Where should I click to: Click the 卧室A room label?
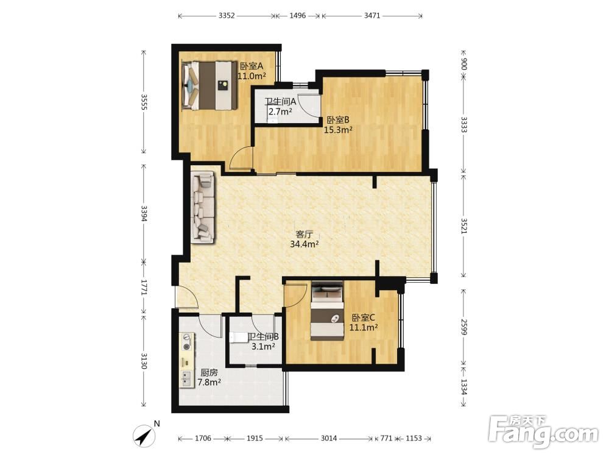pyautogui.click(x=252, y=66)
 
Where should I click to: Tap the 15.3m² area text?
pyautogui.click(x=338, y=130)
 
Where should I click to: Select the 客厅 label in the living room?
pyautogui.click(x=304, y=235)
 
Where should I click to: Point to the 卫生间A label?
pyautogui.click(x=280, y=102)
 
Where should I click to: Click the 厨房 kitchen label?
pyautogui.click(x=209, y=373)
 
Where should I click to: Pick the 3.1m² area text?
pyautogui.click(x=263, y=346)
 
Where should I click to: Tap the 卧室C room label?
pyautogui.click(x=363, y=317)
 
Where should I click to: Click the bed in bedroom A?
pyautogui.click(x=209, y=85)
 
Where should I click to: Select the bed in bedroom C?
pyautogui.click(x=327, y=311)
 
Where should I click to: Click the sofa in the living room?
pyautogui.click(x=203, y=208)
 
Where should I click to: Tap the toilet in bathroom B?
pyautogui.click(x=238, y=337)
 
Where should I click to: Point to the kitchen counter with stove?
pyautogui.click(x=187, y=360)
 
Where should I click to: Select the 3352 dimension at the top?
pyautogui.click(x=227, y=16)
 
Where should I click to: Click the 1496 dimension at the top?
pyautogui.click(x=298, y=16)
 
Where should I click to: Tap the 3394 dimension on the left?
pyautogui.click(x=144, y=213)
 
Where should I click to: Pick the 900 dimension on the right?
pyautogui.click(x=463, y=64)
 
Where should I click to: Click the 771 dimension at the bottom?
pyautogui.click(x=386, y=438)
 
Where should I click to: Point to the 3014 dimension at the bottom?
pyautogui.click(x=329, y=438)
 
